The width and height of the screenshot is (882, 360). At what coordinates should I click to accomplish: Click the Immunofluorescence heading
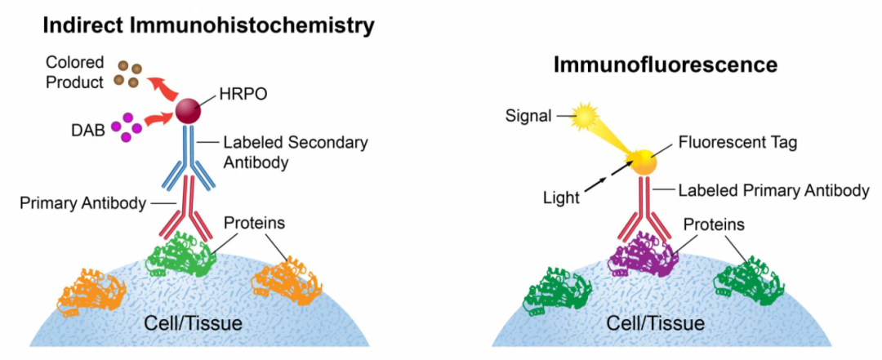pos(666,64)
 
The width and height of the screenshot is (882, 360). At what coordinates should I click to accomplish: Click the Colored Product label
pos(74,72)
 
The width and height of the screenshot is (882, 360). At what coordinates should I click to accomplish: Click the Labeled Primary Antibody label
pos(773,191)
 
